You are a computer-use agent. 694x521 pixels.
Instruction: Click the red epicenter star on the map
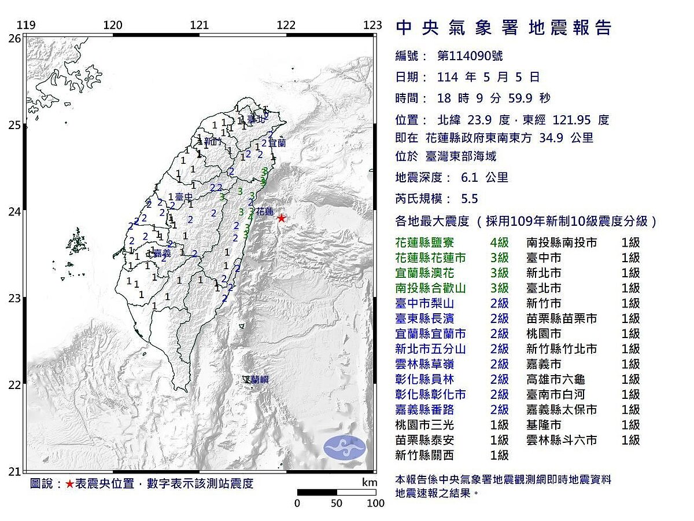[x=281, y=218]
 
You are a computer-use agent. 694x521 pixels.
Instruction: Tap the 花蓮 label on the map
[x=265, y=212]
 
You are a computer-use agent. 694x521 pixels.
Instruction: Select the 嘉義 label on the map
[x=161, y=254]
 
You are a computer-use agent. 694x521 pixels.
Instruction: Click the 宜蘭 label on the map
[x=277, y=142]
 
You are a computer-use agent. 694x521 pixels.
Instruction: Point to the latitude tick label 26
[x=14, y=38]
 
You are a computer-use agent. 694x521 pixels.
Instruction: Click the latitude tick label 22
[x=14, y=385]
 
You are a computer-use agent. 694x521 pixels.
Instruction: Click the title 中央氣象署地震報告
[x=503, y=28]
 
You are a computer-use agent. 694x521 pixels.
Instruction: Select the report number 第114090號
[x=470, y=56]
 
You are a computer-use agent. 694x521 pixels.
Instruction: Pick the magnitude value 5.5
[x=470, y=199]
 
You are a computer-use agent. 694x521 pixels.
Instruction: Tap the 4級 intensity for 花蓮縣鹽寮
[x=499, y=243]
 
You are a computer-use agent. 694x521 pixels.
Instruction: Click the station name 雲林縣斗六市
[x=562, y=440]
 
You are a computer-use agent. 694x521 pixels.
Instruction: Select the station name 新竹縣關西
[x=424, y=456]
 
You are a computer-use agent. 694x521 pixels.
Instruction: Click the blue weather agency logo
[x=345, y=447]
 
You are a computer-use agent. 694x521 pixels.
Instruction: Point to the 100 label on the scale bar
[x=375, y=503]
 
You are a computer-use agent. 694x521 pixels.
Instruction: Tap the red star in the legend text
[x=69, y=484]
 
